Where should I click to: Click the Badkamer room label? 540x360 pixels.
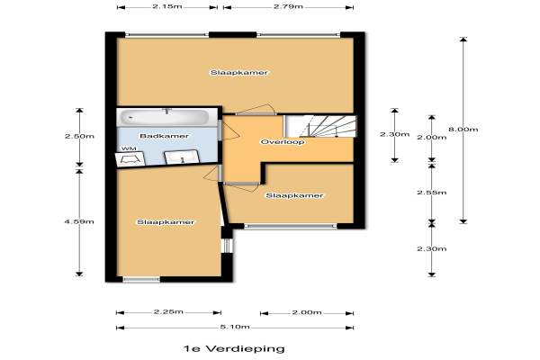point(165,136)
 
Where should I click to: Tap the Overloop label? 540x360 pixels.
point(283,142)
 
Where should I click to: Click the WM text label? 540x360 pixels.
point(129,148)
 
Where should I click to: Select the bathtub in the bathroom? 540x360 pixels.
point(164,118)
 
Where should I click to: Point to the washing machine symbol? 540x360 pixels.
point(130,159)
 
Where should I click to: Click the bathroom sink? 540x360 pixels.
point(182,157)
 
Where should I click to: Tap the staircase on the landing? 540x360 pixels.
point(319,126)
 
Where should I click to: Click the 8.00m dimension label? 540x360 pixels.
point(463,130)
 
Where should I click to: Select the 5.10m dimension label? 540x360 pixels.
point(235,327)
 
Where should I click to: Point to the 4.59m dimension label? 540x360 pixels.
point(79,221)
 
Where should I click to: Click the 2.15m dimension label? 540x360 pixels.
point(167,6)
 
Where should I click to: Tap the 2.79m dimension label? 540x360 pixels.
point(288,6)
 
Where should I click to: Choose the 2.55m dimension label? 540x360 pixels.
point(431,193)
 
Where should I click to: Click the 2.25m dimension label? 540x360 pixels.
point(168,311)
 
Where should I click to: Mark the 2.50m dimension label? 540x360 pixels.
point(79,136)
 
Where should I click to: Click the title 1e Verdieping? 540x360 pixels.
point(234,348)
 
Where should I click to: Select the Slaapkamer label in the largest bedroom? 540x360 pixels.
point(239,73)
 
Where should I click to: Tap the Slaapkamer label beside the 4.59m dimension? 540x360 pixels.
point(166,222)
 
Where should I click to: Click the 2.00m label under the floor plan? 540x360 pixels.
point(307,312)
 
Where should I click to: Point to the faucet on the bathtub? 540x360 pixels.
point(167,111)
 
